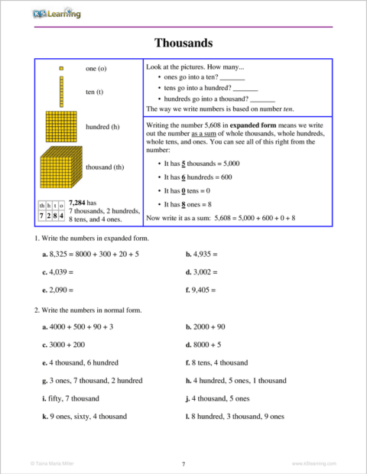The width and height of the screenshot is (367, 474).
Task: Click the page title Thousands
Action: click(183, 43)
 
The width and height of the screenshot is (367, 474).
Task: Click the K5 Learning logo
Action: click(57, 13)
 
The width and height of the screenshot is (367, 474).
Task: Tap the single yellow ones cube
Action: click(60, 68)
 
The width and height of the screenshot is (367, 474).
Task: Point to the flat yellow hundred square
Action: click(60, 126)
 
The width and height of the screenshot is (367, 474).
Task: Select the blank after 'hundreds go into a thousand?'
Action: click(262, 99)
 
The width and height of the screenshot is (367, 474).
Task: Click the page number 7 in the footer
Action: click(183, 463)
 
